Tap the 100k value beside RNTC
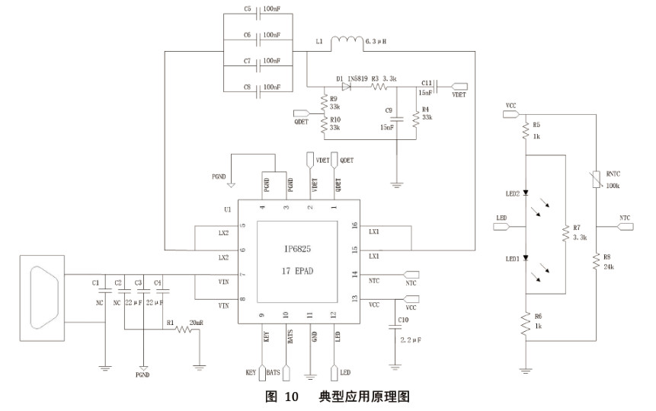pyautogui.click(x=613, y=185)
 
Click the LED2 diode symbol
pyautogui.click(x=526, y=194)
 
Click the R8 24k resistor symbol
pyautogui.click(x=596, y=263)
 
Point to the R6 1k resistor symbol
pyautogui.click(x=526, y=323)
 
